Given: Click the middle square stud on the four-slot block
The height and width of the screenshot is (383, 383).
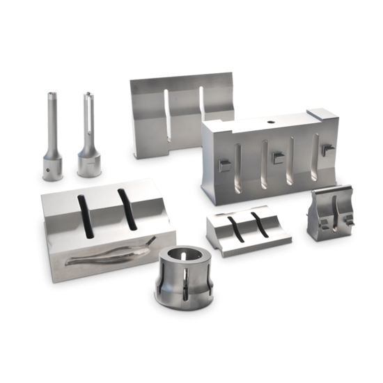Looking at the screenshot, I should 276,157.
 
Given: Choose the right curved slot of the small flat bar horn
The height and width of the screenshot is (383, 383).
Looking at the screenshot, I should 258,222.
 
